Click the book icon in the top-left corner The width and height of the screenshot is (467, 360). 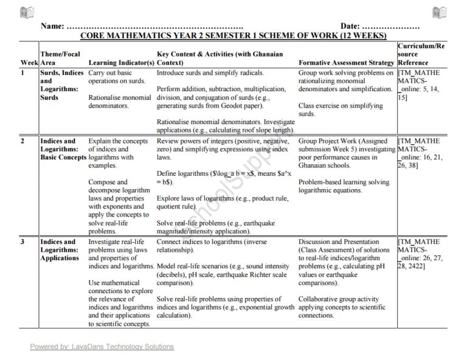pos(27,12)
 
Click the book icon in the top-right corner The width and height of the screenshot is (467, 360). pos(440,12)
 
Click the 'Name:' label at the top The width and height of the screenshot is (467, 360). pos(52,26)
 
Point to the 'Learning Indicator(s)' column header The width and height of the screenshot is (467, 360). pos(121,63)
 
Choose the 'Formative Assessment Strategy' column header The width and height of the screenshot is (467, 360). pos(347,63)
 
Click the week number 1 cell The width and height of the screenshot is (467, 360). pos(23,73)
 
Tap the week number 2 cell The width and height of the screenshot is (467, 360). pos(23,141)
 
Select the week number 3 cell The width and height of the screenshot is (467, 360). pos(23,241)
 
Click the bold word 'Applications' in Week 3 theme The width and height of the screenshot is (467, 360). pos(60,258)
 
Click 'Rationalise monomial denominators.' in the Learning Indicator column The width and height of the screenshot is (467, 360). pos(119,101)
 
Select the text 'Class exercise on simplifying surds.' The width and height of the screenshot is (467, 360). pos(340,109)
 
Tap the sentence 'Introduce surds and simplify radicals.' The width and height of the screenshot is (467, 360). pos(210,73)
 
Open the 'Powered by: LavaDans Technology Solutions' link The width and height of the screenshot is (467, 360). pos(102,347)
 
